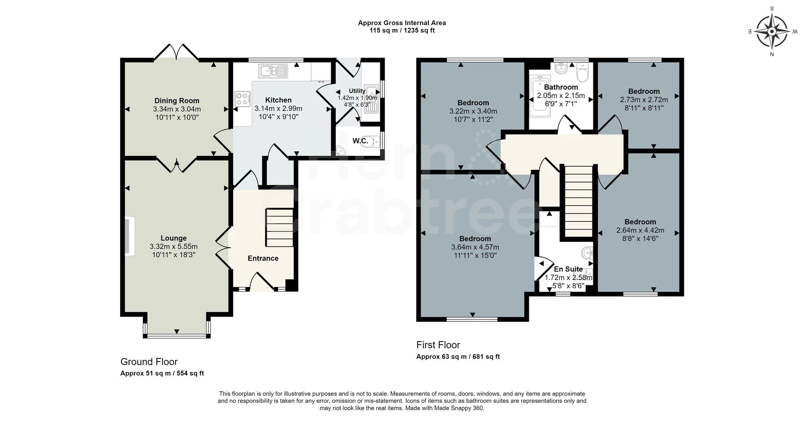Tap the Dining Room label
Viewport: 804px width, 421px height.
177,101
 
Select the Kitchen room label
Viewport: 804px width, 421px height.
278,100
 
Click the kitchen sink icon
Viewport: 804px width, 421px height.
273,70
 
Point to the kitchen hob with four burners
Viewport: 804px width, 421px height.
242,99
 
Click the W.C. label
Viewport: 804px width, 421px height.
360,141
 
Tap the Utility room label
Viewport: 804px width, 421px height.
357,91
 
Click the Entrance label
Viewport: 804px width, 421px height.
263,258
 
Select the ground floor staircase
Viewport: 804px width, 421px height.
279,228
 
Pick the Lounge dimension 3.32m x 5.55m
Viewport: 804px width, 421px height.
173,247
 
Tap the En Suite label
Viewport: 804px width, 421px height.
568,269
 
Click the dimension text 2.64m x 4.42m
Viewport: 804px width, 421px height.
640,230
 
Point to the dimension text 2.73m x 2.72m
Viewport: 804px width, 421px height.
644,100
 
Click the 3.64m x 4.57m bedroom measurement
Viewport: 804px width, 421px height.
475,247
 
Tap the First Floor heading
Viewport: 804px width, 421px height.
438,345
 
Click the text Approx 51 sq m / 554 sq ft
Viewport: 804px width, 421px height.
162,373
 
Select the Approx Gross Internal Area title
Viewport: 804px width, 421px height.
402,23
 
